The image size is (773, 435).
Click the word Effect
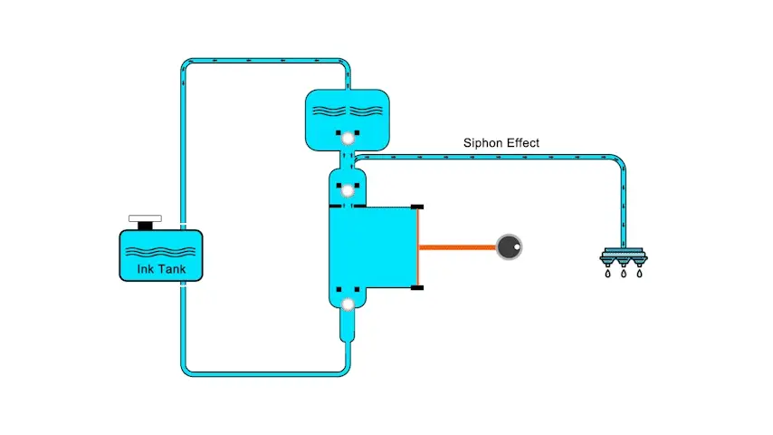523,143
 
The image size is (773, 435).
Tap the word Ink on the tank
145,269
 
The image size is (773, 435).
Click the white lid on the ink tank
145,218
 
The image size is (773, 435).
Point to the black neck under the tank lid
145,227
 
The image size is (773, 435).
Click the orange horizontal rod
457,246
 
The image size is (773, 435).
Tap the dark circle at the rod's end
510,246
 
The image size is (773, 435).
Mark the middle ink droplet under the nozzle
623,273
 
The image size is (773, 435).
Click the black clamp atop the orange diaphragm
417,207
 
